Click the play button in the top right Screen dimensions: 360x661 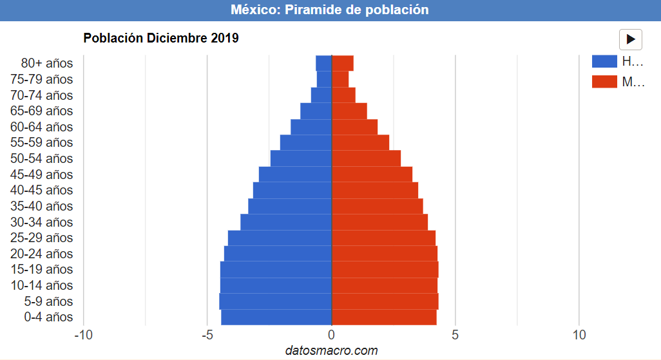click(x=630, y=39)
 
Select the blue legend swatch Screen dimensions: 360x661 click(x=604, y=62)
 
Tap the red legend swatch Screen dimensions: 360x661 click(x=604, y=82)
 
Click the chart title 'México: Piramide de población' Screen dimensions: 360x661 click(x=330, y=10)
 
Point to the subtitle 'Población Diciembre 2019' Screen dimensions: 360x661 click(x=161, y=38)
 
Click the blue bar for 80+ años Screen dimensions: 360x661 click(x=323, y=63)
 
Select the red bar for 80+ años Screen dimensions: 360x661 click(x=342, y=63)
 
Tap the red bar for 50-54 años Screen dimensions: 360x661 click(x=366, y=158)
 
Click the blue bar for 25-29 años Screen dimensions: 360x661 click(x=280, y=238)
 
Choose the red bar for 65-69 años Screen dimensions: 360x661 click(x=349, y=111)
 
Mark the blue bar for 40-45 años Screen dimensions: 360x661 click(x=292, y=190)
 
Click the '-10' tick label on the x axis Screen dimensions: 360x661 click(x=83, y=335)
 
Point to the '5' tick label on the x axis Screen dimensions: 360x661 click(x=455, y=335)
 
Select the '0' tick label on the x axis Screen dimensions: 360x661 click(x=331, y=335)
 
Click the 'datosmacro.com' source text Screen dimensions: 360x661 click(x=331, y=350)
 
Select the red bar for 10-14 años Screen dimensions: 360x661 click(x=384, y=285)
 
